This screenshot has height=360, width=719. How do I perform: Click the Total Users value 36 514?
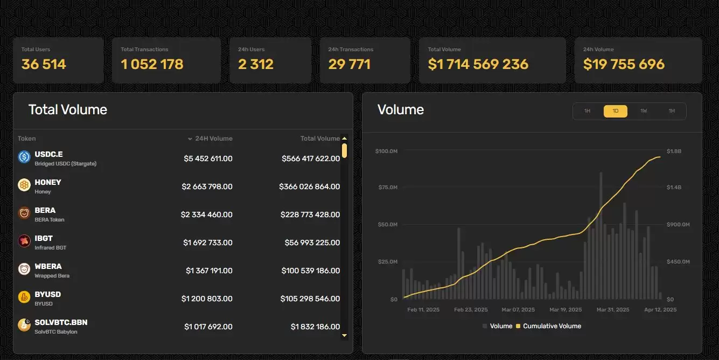pyautogui.click(x=44, y=65)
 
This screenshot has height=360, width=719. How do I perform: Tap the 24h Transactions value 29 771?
pyautogui.click(x=349, y=65)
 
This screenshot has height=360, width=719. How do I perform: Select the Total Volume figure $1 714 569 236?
pyautogui.click(x=478, y=65)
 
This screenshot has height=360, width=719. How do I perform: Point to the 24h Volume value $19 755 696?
pyautogui.click(x=624, y=65)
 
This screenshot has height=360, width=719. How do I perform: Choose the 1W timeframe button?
pyautogui.click(x=644, y=111)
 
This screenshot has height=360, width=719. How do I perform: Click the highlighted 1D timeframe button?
pyautogui.click(x=615, y=111)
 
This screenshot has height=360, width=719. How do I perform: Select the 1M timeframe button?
pyautogui.click(x=672, y=111)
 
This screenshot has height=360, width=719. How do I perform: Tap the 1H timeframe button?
pyautogui.click(x=587, y=111)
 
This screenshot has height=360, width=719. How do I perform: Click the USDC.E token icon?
pyautogui.click(x=24, y=157)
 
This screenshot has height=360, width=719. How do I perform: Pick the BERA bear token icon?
pyautogui.click(x=24, y=213)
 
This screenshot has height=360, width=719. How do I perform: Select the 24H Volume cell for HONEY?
pyautogui.click(x=207, y=186)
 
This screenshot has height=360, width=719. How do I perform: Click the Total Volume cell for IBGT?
pyautogui.click(x=312, y=243)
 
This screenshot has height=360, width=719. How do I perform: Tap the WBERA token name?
pyautogui.click(x=48, y=266)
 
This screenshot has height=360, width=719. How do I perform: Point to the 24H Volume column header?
pyautogui.click(x=213, y=139)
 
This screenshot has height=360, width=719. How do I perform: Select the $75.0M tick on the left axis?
pyautogui.click(x=386, y=188)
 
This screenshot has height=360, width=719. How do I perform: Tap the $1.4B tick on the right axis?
pyautogui.click(x=674, y=188)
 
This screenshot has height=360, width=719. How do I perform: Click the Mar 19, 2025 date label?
pyautogui.click(x=566, y=310)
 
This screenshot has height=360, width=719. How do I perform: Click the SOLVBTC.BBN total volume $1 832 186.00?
pyautogui.click(x=315, y=327)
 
